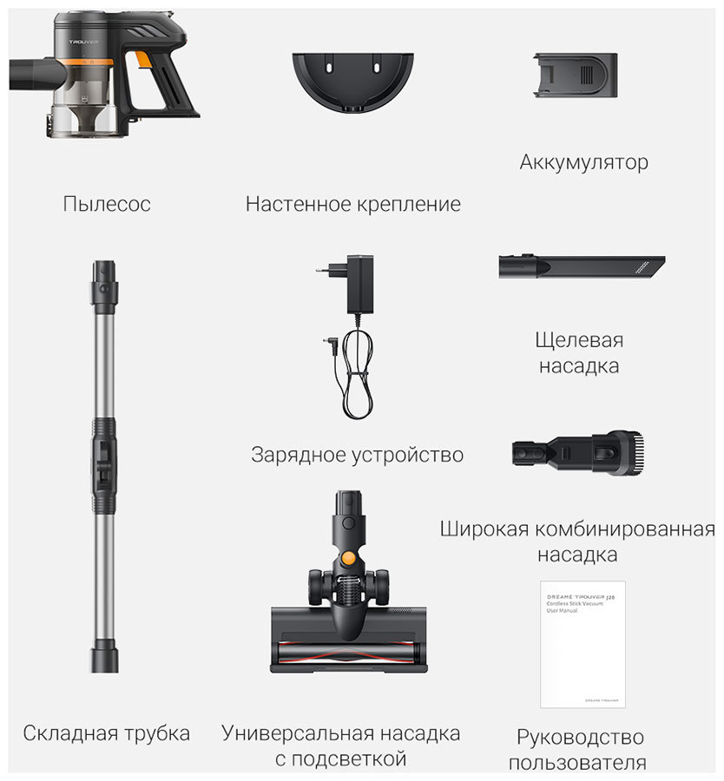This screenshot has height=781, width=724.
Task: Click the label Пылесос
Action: (107, 204)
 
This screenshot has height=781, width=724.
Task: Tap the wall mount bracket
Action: (352, 79)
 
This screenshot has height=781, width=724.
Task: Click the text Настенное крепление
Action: (352, 204)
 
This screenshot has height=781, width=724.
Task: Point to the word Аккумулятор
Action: (583, 162)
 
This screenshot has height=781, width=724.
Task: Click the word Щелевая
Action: (580, 339)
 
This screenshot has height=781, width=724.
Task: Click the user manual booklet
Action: (582, 643)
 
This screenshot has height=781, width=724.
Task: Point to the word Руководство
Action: (580, 738)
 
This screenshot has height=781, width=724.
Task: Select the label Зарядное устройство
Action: (357, 455)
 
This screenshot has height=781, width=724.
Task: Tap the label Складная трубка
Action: (107, 733)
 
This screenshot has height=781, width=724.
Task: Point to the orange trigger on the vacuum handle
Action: (142, 61)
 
